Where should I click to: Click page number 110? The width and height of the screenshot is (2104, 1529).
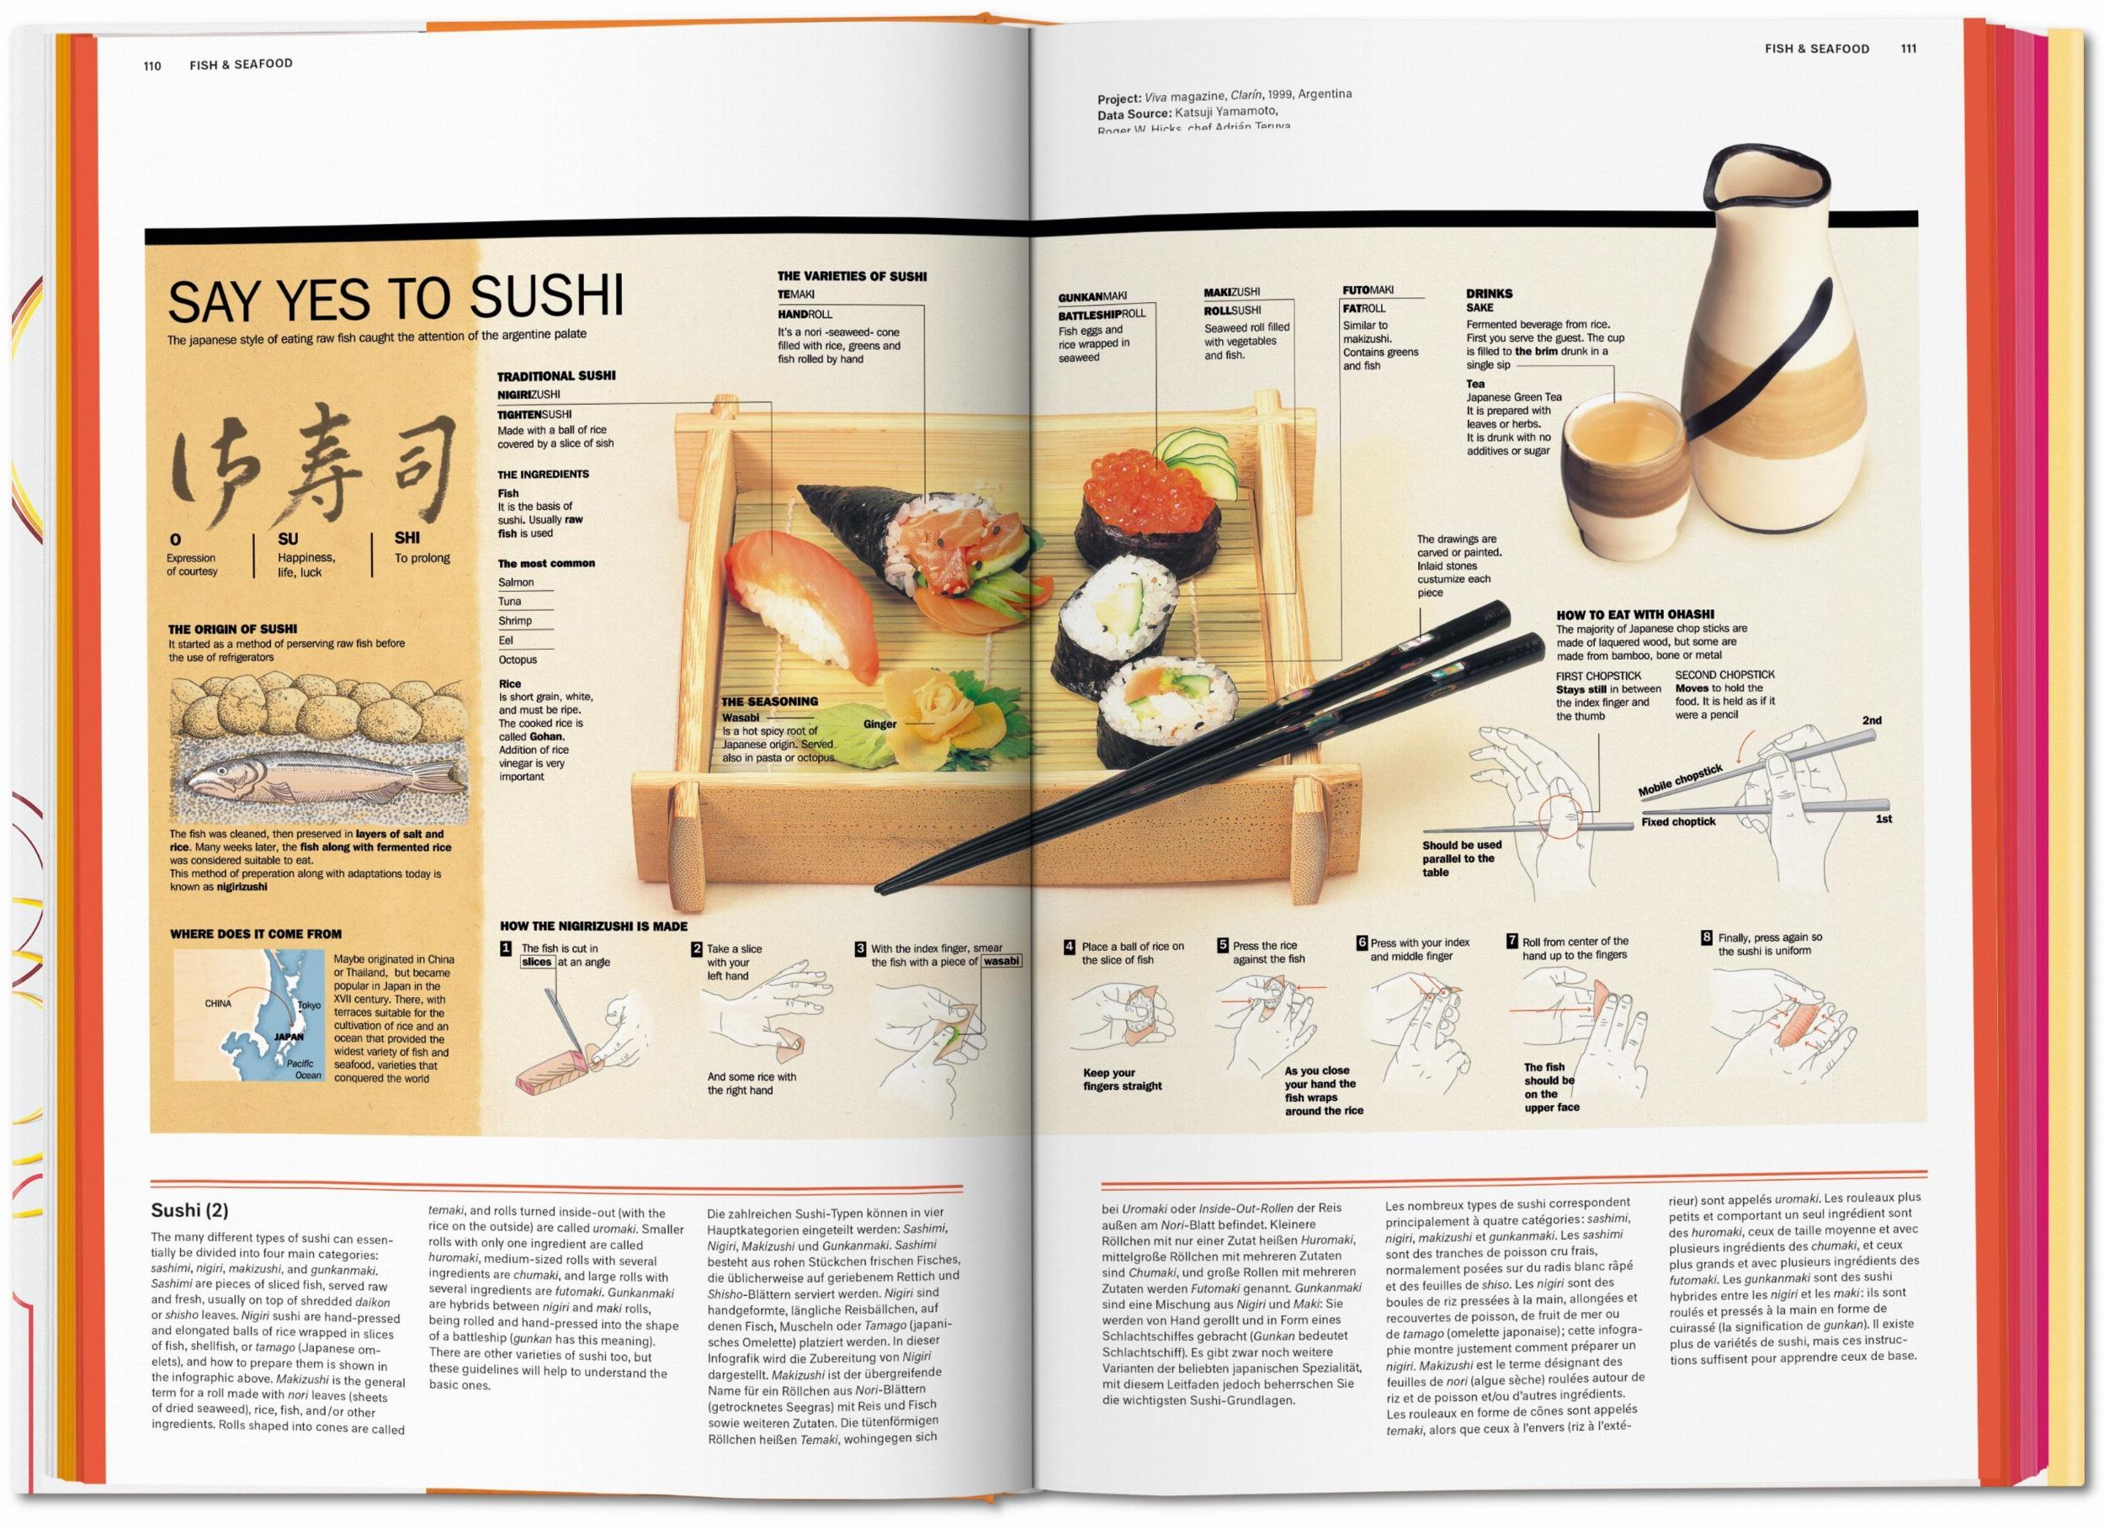152,65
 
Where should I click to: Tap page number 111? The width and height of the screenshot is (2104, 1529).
1908,48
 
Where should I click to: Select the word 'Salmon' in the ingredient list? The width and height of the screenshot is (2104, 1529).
516,582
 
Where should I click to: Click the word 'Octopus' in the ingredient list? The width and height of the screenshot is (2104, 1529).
518,660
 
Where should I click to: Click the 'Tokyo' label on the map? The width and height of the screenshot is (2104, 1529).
309,1005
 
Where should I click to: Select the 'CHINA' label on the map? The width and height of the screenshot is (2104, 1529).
218,1003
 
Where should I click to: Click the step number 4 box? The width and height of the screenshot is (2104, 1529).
1070,947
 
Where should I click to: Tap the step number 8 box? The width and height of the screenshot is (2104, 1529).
1706,937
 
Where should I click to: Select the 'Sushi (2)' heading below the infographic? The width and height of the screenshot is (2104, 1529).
189,1210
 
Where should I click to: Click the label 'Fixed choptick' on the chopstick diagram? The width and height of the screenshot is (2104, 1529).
1678,821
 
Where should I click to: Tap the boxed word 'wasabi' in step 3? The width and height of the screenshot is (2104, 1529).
1001,961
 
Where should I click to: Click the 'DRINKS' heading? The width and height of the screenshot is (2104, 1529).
1489,293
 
